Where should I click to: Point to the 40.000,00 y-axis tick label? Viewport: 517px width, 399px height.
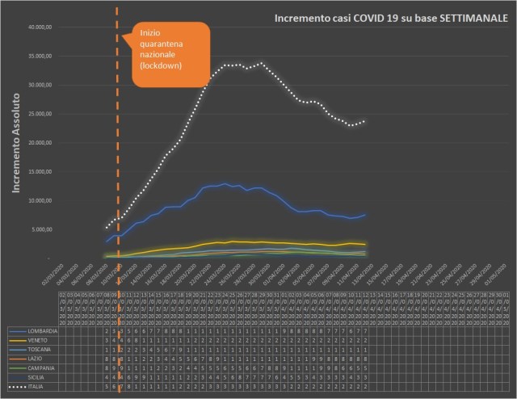(x=40, y=27)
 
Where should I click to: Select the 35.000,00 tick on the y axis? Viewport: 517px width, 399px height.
(x=40, y=57)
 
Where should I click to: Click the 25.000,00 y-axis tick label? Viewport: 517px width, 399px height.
(x=40, y=114)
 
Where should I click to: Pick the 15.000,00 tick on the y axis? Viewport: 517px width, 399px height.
(x=40, y=172)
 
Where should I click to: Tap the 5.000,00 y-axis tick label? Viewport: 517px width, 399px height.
(x=41, y=229)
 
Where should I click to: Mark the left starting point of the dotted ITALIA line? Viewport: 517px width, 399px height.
(x=107, y=228)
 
